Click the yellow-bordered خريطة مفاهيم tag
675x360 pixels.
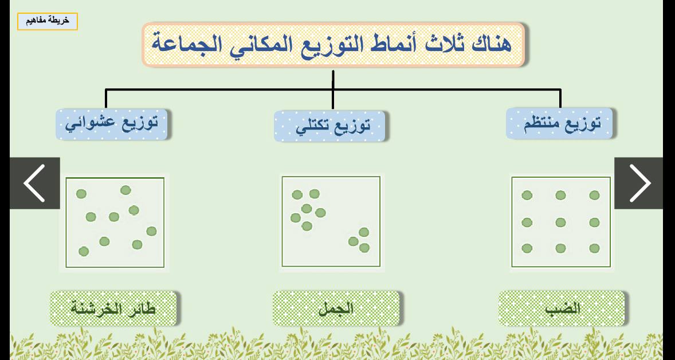pyautogui.click(x=48, y=22)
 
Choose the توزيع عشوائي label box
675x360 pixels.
pyautogui.click(x=112, y=124)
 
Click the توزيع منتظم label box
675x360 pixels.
pyautogui.click(x=559, y=124)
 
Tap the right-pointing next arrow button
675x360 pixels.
pyautogui.click(x=639, y=183)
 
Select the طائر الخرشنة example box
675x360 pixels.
pyautogui.click(x=113, y=308)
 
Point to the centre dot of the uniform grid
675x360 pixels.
pyautogui.click(x=560, y=222)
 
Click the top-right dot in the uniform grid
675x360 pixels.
pyautogui.click(x=595, y=195)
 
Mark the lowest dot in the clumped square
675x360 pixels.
pyautogui.click(x=364, y=248)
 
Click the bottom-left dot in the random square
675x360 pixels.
pyautogui.click(x=84, y=251)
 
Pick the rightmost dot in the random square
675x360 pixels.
pyautogui.click(x=151, y=231)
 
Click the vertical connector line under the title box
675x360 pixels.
pyautogui.click(x=333, y=89)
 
